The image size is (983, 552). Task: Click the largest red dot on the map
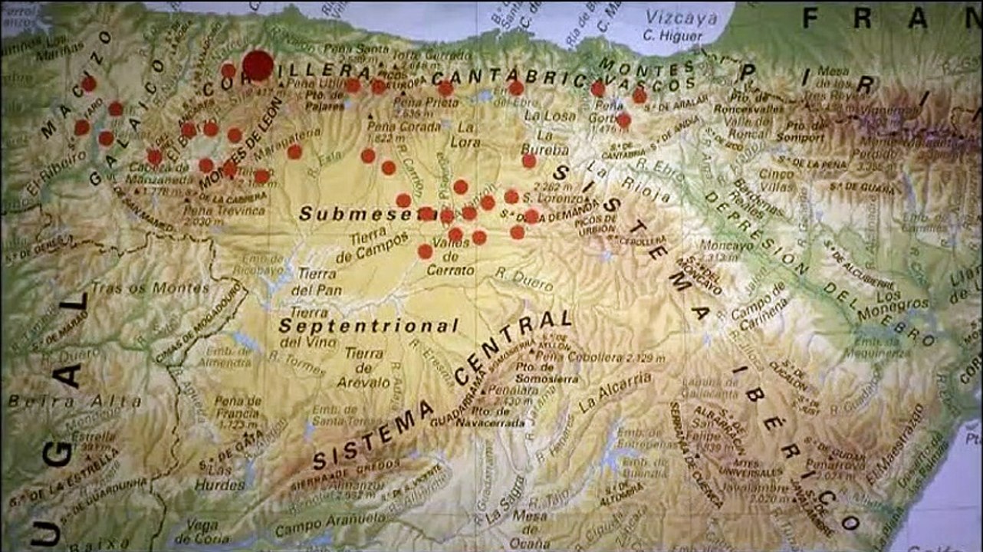[258, 66]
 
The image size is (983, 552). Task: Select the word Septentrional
[369, 325]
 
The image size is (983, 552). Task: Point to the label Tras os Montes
[150, 288]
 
